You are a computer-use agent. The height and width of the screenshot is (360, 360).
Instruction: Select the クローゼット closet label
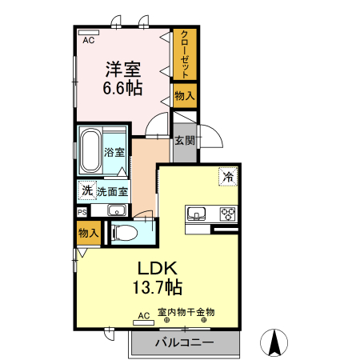185,54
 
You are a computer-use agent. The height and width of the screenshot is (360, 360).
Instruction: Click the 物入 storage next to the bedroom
185,96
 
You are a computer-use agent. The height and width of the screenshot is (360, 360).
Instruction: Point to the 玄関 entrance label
185,140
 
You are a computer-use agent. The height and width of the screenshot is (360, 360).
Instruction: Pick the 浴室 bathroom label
114,151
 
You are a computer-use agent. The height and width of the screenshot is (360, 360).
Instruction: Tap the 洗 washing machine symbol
86,191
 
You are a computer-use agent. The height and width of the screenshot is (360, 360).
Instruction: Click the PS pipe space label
82,211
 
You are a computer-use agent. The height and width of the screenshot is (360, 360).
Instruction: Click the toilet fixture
125,233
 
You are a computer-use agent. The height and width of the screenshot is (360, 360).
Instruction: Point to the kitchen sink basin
198,214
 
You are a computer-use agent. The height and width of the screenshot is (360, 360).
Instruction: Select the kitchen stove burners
227,214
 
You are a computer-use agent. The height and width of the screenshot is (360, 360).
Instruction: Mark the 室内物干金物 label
186,313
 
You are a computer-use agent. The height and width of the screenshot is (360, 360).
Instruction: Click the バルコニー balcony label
184,343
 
